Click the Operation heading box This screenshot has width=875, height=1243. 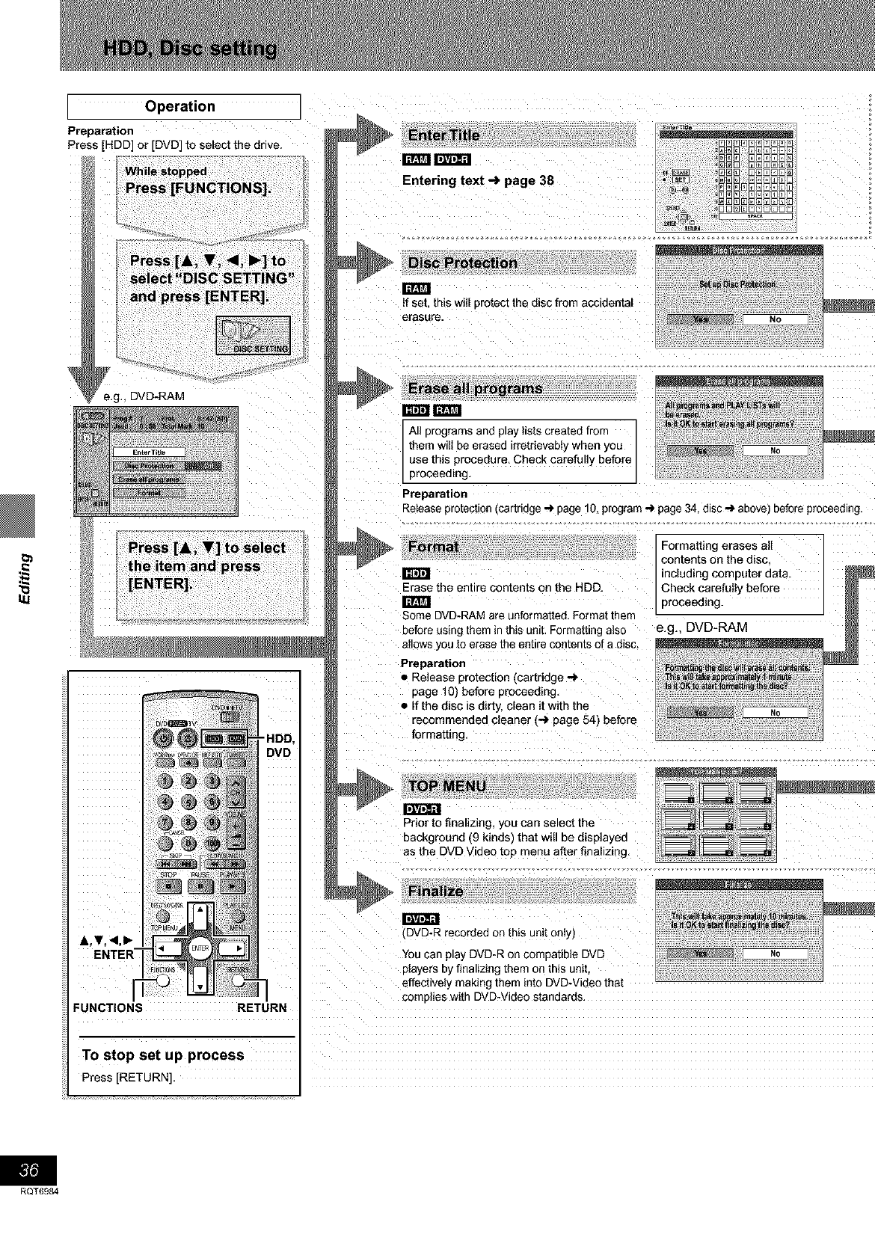tap(180, 106)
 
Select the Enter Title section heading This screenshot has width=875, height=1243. tap(444, 136)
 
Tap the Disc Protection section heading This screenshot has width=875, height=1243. tap(462, 263)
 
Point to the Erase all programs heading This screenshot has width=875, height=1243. tap(475, 388)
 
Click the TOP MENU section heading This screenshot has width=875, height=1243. tap(447, 786)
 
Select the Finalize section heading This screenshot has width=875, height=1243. tap(436, 891)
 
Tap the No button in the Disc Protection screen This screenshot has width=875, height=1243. tap(775, 319)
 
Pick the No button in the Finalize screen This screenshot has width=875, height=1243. tap(775, 954)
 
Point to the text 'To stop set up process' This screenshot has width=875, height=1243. tap(163, 1055)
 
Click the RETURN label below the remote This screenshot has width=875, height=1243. tap(261, 1007)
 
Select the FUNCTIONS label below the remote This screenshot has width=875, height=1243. tap(108, 1007)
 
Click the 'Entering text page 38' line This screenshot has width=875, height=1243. tap(478, 180)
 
